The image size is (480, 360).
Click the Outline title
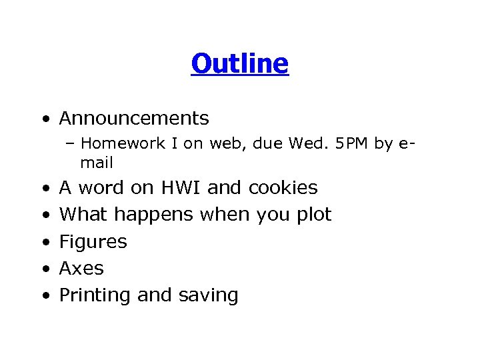[239, 64]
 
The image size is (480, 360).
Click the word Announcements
[134, 119]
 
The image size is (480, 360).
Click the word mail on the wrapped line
[97, 162]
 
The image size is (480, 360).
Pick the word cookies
[283, 188]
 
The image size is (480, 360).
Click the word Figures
[93, 242]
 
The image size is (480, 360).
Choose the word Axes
[81, 269]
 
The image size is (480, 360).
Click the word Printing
[95, 295]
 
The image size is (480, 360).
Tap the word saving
[206, 295]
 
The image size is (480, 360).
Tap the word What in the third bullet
[84, 215]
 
